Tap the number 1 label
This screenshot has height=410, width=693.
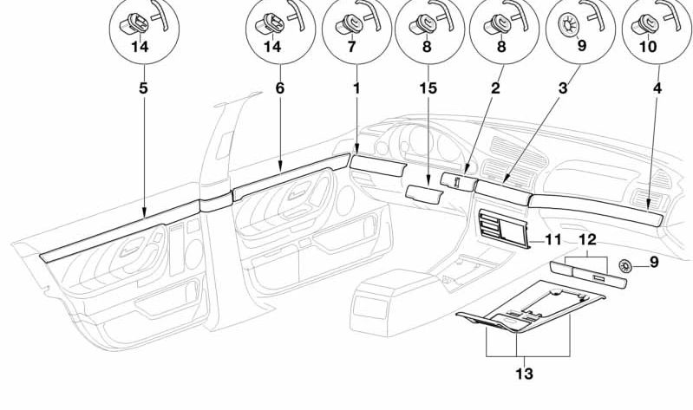pyautogui.click(x=356, y=88)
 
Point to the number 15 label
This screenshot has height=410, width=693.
pyautogui.click(x=427, y=88)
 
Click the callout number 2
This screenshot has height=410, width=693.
pyautogui.click(x=494, y=88)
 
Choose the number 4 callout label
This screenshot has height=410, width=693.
pyautogui.click(x=657, y=88)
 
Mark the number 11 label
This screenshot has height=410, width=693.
pyautogui.click(x=552, y=238)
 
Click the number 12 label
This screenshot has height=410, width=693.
pyautogui.click(x=587, y=238)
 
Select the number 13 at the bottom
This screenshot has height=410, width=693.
pyautogui.click(x=525, y=374)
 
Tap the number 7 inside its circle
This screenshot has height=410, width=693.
pyautogui.click(x=352, y=49)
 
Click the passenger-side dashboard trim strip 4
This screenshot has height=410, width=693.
pyautogui.click(x=598, y=209)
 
